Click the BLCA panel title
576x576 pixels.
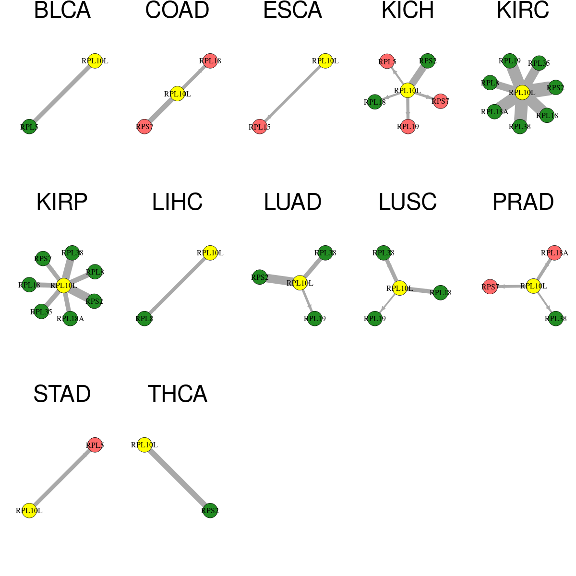click(62, 11)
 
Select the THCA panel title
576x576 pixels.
click(177, 394)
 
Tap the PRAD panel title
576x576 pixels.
click(523, 202)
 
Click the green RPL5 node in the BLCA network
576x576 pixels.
click(29, 127)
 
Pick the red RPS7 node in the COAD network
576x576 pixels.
click(144, 126)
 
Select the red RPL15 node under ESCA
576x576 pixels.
click(260, 127)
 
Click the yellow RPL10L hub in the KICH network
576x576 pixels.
click(408, 90)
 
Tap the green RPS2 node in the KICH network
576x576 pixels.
click(428, 61)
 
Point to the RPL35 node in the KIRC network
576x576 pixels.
click(539, 63)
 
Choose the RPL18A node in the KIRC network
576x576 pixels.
click(494, 111)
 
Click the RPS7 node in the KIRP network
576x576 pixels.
click(43, 259)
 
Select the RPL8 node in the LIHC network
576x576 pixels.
click(144, 318)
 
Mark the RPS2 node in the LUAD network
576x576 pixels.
click(260, 277)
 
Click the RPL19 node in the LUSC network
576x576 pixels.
click(375, 318)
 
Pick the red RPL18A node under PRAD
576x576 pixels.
click(554, 253)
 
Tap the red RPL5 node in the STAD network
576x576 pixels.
click(95, 445)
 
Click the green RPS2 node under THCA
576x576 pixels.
click(210, 511)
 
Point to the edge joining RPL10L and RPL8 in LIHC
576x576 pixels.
click(177, 286)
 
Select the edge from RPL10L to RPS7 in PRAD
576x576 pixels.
click(512, 287)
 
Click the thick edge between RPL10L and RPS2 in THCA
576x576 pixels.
click(177, 478)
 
